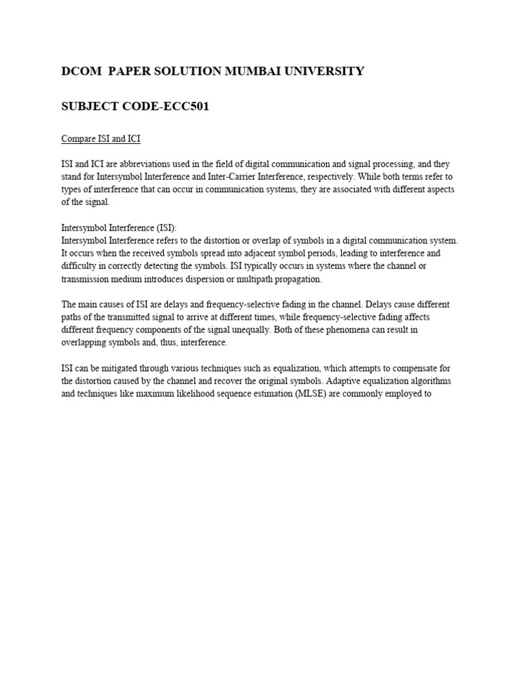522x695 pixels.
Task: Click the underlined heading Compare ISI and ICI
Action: [101, 139]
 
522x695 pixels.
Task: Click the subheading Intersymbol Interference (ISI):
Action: [119, 228]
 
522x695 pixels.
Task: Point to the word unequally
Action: [276, 330]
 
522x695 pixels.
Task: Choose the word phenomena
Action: [350, 330]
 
